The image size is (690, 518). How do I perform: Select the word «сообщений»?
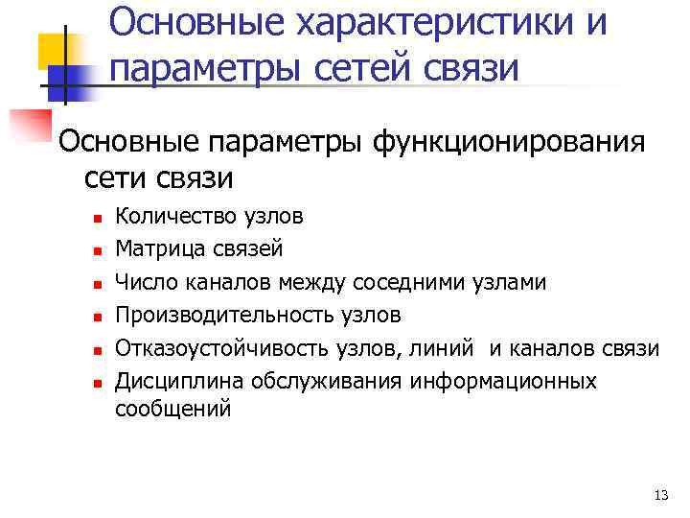pyautogui.click(x=172, y=409)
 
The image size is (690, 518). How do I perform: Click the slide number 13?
pyautogui.click(x=658, y=495)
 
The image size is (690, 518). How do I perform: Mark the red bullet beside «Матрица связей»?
pyautogui.click(x=96, y=251)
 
